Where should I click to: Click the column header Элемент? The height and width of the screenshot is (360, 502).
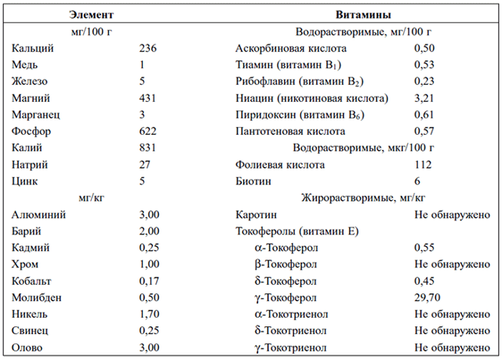click(x=91, y=15)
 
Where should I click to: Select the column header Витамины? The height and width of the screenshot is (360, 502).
click(x=363, y=15)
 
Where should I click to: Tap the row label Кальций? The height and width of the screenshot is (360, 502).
click(x=33, y=49)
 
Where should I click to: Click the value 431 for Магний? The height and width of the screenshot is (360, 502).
click(x=147, y=98)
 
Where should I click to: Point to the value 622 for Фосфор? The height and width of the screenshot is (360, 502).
click(x=147, y=131)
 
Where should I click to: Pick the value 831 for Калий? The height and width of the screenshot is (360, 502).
click(x=147, y=147)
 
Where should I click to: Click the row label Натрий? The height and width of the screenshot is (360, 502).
click(x=30, y=165)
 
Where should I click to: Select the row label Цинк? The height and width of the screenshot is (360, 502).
click(x=24, y=181)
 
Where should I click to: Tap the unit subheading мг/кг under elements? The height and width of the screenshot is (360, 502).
click(x=92, y=198)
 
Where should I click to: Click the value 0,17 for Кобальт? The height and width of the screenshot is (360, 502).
click(x=149, y=281)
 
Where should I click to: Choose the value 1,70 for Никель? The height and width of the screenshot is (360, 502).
click(x=149, y=314)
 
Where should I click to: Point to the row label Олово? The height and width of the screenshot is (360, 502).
click(x=27, y=347)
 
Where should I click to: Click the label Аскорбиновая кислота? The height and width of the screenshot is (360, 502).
click(x=291, y=49)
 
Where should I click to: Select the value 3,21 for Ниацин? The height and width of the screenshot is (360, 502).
click(x=424, y=98)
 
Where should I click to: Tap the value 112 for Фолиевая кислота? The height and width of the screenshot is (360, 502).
click(x=423, y=165)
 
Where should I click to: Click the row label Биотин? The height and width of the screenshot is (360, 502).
click(x=253, y=181)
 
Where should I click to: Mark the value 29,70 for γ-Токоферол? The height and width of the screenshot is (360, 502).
click(x=427, y=297)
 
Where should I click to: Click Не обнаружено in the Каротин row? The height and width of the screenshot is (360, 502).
click(x=452, y=215)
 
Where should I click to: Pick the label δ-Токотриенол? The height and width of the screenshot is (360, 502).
click(x=291, y=330)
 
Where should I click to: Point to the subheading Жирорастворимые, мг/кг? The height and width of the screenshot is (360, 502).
click(x=363, y=198)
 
